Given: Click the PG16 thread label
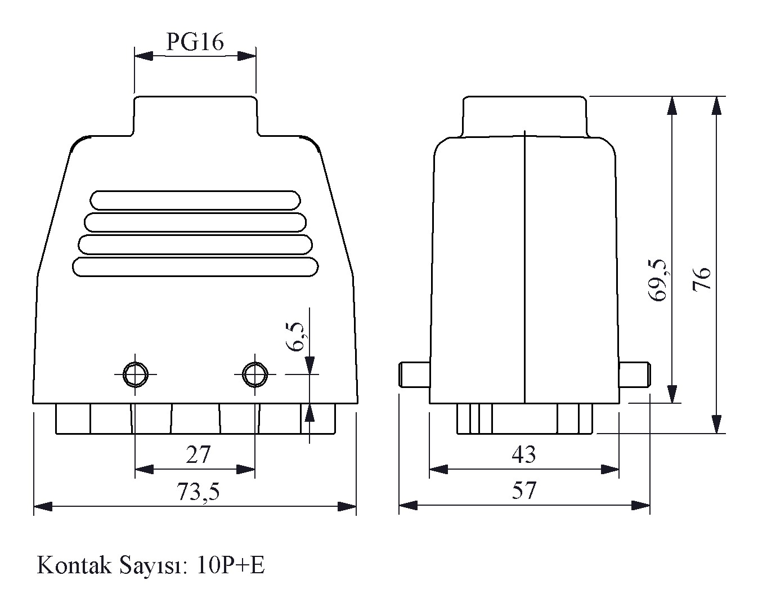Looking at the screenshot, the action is (195, 42).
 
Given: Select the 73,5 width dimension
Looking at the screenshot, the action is (198, 491).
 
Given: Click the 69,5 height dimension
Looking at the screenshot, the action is (658, 280).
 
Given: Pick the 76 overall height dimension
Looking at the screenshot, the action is (701, 279).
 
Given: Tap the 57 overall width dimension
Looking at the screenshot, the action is (524, 490).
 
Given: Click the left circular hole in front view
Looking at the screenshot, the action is (135, 374).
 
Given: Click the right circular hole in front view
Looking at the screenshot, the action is (255, 374).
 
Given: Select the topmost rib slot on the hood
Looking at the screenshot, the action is (195, 200).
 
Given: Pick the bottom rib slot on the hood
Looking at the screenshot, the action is (195, 267).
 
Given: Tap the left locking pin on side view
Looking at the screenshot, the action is (415, 374).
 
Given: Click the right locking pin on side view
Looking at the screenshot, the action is (635, 374).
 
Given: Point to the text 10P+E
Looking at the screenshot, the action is (231, 565).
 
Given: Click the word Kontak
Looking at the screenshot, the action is (74, 565).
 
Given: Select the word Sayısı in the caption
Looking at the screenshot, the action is (154, 566).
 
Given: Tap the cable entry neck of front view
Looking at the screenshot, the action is (195, 115).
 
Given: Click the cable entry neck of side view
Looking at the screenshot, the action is (524, 117).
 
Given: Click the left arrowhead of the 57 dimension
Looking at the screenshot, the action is (408, 506).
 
